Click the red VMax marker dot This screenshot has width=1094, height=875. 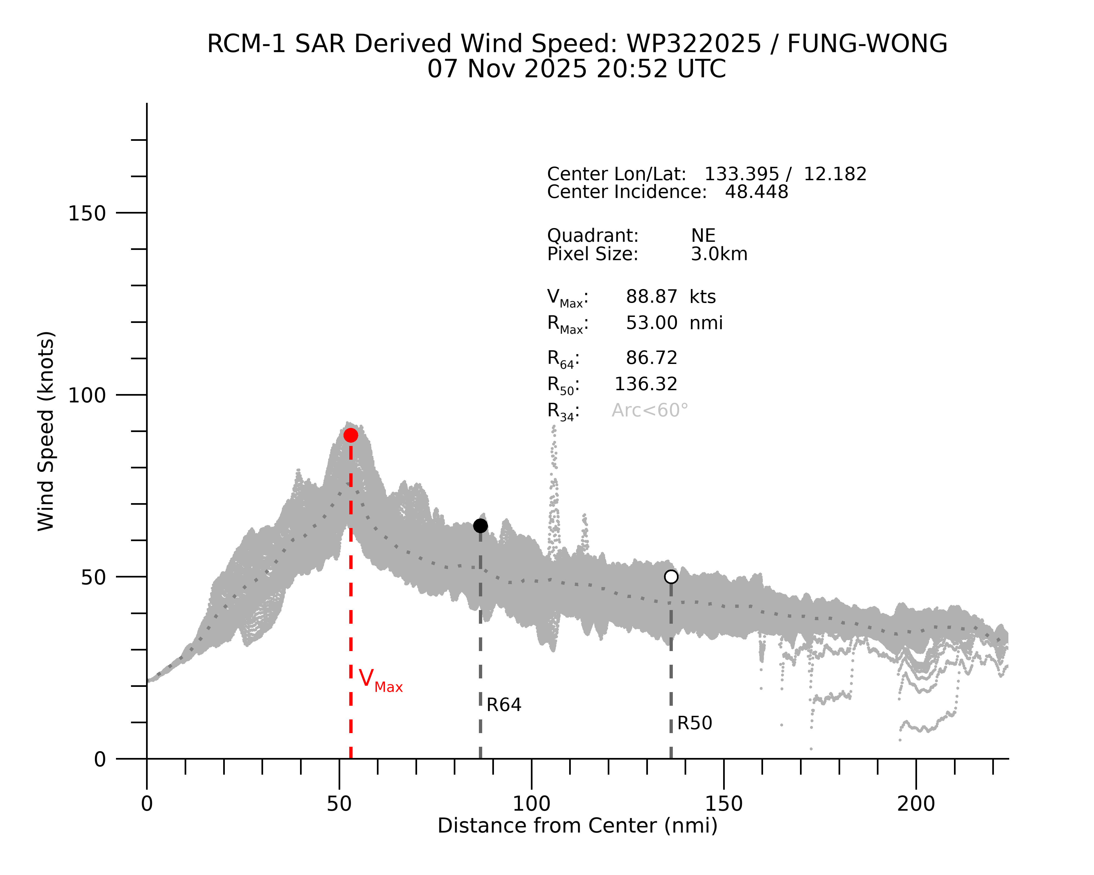tap(351, 435)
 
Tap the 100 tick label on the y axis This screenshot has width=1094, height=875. tap(87, 395)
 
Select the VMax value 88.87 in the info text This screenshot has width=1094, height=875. tap(651, 297)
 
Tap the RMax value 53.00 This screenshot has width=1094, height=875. tap(651, 323)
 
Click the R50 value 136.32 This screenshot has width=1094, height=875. tap(646, 384)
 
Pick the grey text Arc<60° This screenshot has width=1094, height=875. tap(650, 410)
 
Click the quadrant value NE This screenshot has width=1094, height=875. tap(703, 236)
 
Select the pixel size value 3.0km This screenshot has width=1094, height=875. tap(719, 254)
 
